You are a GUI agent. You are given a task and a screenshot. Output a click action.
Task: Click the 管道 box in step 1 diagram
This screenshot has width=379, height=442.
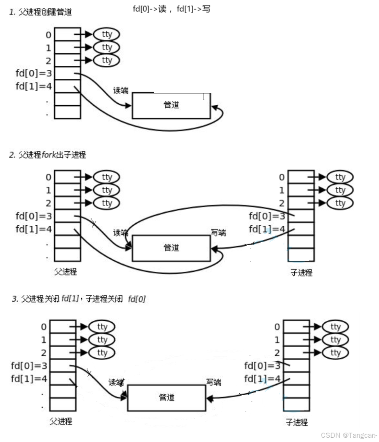point(171,105)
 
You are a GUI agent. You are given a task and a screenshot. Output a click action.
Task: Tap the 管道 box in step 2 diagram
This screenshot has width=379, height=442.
point(171,248)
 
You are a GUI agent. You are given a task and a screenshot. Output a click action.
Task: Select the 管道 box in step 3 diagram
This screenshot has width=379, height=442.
point(167,398)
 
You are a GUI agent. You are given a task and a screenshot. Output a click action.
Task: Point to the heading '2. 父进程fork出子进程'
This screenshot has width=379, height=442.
point(47,155)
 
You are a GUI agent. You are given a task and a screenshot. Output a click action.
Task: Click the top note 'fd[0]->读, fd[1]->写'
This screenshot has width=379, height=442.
point(171,9)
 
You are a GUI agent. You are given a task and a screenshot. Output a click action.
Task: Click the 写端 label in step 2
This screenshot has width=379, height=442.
point(218,233)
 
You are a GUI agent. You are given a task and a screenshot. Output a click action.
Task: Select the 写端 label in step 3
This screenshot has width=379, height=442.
point(214,382)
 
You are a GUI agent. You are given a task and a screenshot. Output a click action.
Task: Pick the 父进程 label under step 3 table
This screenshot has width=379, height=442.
point(61,421)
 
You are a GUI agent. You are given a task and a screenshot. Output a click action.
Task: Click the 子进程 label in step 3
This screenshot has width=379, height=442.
point(296,422)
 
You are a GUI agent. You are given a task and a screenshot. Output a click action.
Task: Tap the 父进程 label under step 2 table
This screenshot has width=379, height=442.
point(66,272)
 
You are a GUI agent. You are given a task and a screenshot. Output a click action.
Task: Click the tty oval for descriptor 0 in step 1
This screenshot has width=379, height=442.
point(107,34)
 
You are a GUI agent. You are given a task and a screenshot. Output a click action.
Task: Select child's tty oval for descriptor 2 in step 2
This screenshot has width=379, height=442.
point(340,203)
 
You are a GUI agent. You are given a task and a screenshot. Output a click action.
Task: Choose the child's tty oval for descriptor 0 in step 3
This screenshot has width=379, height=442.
point(335,327)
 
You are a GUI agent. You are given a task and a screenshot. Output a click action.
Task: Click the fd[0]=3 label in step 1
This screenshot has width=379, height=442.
point(34,73)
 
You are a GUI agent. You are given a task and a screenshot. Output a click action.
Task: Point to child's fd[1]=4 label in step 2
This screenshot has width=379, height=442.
point(267,229)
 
